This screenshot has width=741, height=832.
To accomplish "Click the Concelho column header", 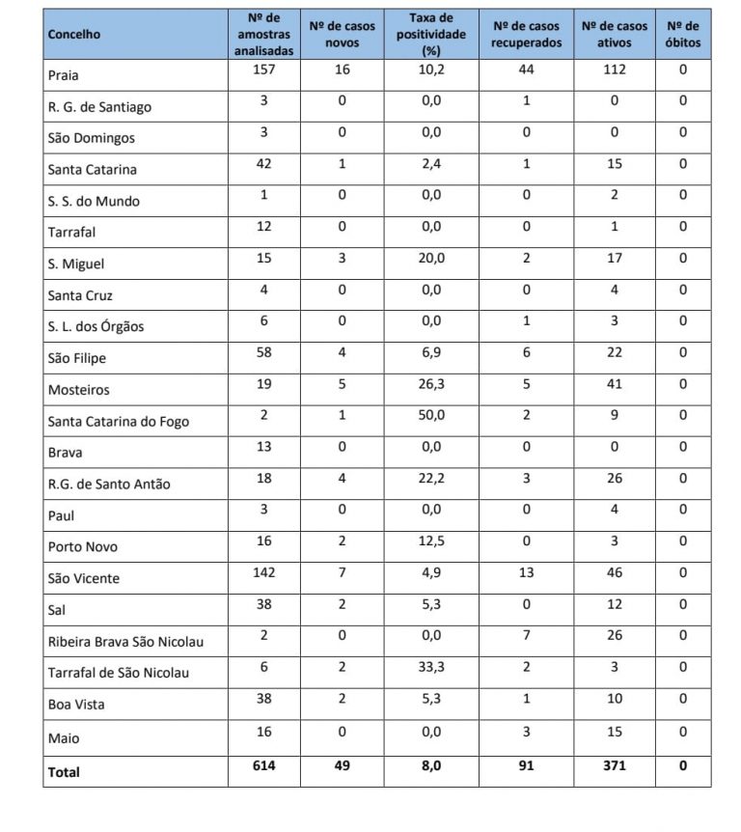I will click(x=74, y=35).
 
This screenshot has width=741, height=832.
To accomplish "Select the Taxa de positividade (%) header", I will click(x=431, y=35).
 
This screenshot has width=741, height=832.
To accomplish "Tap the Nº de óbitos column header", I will click(x=682, y=34).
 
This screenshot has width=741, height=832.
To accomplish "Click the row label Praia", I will click(x=63, y=74).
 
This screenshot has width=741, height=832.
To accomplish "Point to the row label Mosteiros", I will click(x=79, y=390).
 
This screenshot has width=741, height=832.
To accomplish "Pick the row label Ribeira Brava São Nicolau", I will click(x=125, y=642).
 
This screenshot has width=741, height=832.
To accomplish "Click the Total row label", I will click(x=64, y=772).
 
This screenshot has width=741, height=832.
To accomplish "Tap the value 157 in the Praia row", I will click(x=263, y=69).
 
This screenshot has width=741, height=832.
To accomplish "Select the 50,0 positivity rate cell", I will click(x=431, y=416).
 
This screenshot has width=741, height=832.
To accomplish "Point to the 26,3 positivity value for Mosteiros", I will click(x=431, y=384).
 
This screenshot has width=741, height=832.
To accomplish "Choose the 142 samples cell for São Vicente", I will click(x=263, y=572).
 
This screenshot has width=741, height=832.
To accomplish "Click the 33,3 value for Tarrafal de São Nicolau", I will click(x=431, y=667).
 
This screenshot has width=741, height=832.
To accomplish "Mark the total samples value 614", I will click(x=263, y=766).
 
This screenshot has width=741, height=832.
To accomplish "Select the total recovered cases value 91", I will click(x=526, y=766).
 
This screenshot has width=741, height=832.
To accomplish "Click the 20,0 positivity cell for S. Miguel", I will click(x=431, y=258).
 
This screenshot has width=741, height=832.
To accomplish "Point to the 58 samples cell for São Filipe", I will click(x=263, y=352).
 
